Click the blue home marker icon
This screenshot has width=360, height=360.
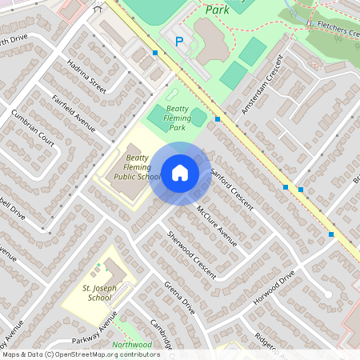180,173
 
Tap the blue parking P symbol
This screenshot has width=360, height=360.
179,41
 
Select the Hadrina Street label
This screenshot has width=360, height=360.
87,74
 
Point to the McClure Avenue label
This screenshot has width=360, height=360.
217,225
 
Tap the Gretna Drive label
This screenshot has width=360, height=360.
179,297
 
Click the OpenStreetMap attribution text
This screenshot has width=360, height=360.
81,354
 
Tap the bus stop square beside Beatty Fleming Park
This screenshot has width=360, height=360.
218,117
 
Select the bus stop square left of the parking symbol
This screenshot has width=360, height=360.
155,54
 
